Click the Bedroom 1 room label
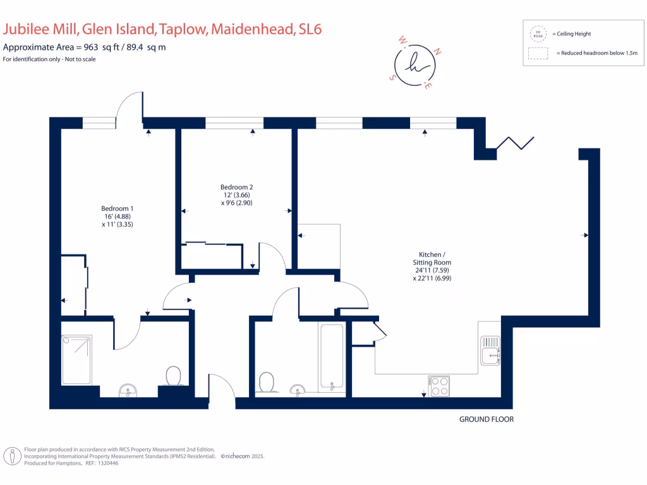coord(118,216)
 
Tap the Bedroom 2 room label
coord(236,195)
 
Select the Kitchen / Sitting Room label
coord(432,266)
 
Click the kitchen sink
coord(490,351)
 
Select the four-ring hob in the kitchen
coord(439,386)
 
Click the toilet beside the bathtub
coord(267,381)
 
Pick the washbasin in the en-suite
coord(128,392)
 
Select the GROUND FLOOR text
coord(486,419)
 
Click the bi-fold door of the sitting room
coord(516,143)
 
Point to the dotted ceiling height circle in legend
coord(538,34)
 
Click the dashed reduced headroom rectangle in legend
coord(538,54)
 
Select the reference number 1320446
coord(106,463)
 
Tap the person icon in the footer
coord(12,456)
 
